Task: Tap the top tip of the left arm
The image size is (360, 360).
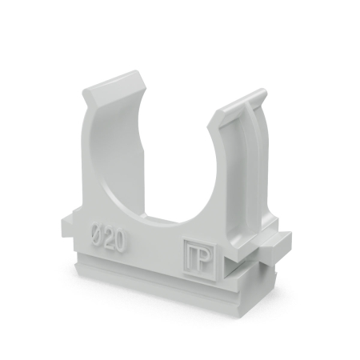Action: [x=114, y=74]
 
